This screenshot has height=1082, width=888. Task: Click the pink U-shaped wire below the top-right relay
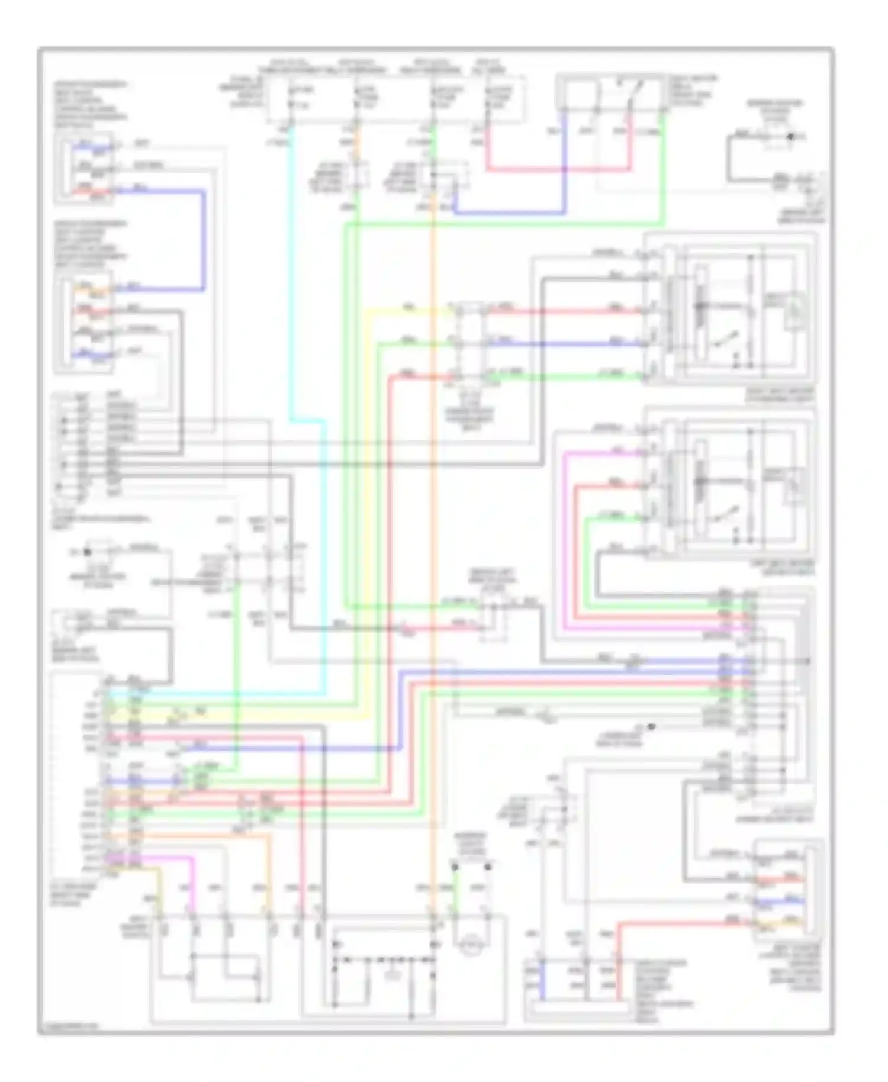click(556, 170)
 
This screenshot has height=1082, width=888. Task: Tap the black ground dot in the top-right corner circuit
click(789, 137)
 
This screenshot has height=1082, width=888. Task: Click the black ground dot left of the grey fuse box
click(88, 552)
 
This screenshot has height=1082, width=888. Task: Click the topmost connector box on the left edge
click(83, 169)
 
